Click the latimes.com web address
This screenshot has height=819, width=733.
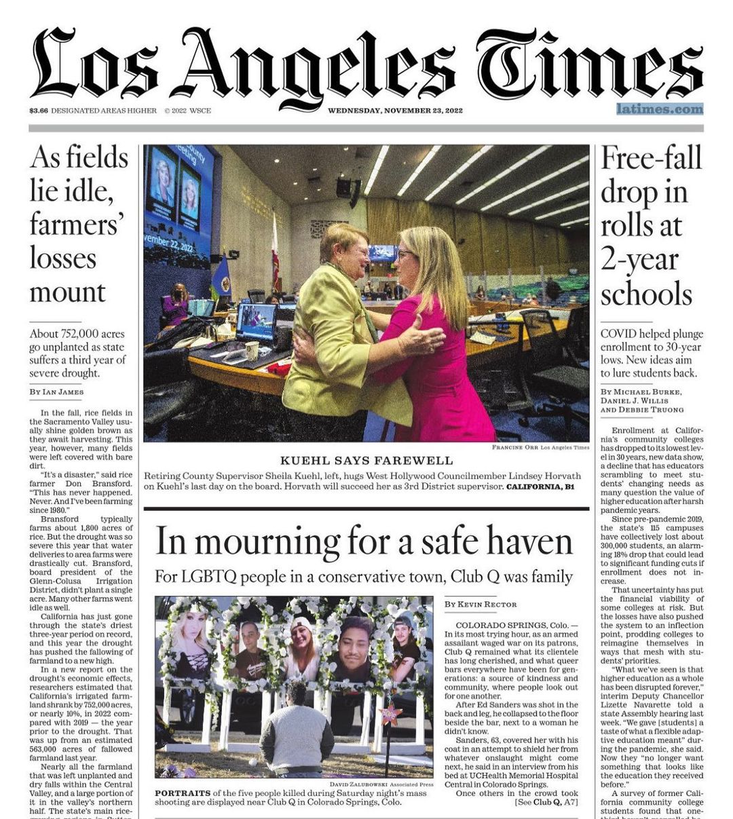pyautogui.click(x=660, y=109)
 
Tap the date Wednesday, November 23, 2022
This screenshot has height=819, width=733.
pyautogui.click(x=395, y=111)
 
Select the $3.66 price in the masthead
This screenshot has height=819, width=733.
pyautogui.click(x=39, y=111)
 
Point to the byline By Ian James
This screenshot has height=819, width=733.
pyautogui.click(x=57, y=392)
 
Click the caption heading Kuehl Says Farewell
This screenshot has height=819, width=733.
pyautogui.click(x=366, y=461)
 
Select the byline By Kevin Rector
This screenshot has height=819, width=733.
pyautogui.click(x=481, y=604)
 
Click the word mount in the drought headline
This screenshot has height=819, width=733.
pyautogui.click(x=68, y=292)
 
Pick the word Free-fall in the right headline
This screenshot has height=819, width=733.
pyautogui.click(x=651, y=158)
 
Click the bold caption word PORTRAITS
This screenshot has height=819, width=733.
pyautogui.click(x=182, y=793)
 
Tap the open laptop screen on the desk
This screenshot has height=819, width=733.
pyautogui.click(x=255, y=322)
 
